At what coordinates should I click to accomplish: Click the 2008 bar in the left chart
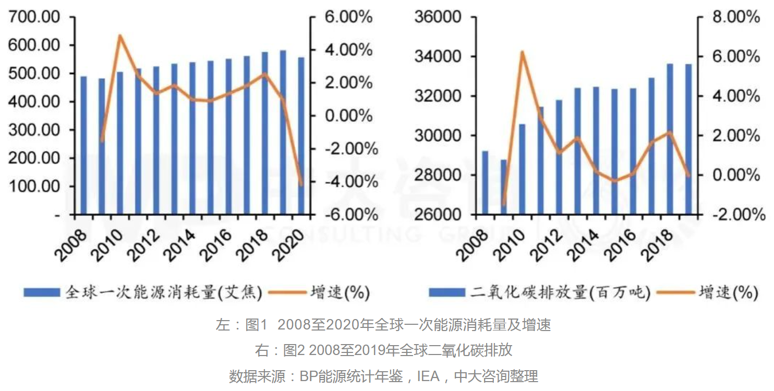[83, 145]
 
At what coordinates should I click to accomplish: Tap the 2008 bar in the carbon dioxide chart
[485, 182]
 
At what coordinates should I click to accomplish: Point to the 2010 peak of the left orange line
[120, 36]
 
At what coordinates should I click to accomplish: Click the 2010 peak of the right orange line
[522, 52]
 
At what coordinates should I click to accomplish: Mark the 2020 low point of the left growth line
[301, 184]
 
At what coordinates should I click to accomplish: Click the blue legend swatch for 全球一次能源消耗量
[42, 293]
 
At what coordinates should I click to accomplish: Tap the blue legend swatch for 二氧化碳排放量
[447, 293]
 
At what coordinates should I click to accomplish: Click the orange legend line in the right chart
[675, 293]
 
